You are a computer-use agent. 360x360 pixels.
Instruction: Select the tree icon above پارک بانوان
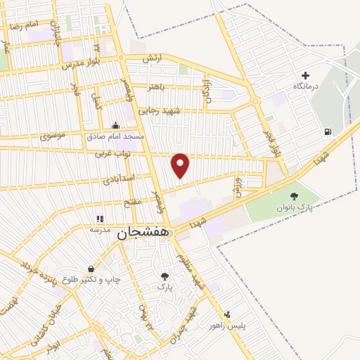(x=294, y=197)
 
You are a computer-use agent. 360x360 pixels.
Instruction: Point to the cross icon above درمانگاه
(x=305, y=75)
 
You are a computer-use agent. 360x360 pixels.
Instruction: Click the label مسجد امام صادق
(x=115, y=136)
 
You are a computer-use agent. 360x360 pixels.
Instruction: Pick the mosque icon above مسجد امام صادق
(x=115, y=125)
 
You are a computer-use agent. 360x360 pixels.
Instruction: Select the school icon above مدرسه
(x=99, y=219)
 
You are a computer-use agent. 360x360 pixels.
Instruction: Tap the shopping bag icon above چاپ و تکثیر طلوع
(x=91, y=269)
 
